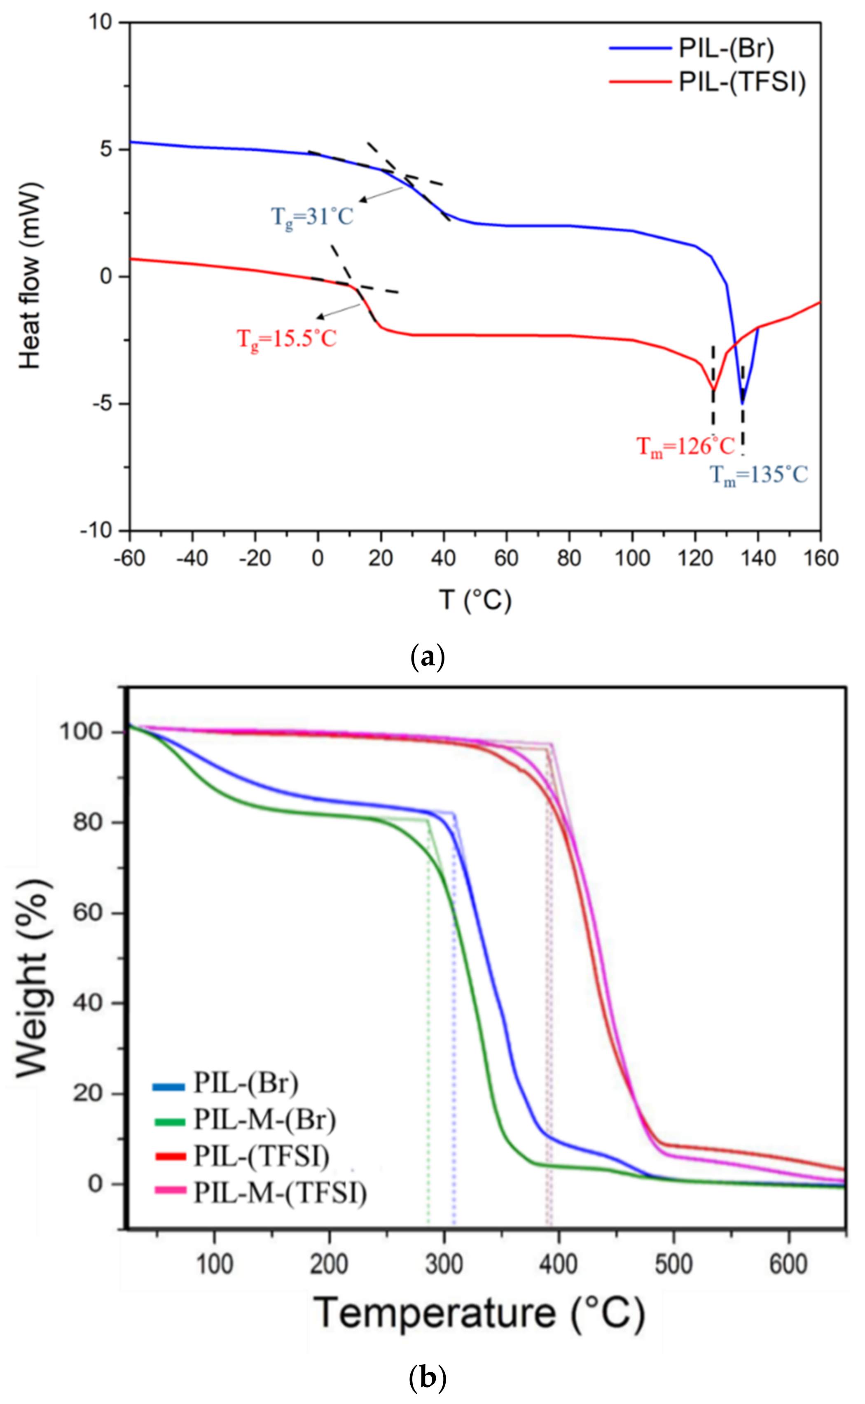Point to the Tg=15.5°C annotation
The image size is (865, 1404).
click(287, 339)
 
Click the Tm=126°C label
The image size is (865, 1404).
click(686, 446)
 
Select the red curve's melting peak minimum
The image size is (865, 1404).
click(713, 390)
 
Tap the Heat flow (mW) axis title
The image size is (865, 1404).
click(30, 275)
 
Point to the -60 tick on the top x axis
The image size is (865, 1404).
click(129, 558)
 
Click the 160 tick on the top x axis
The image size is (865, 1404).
click(821, 558)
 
